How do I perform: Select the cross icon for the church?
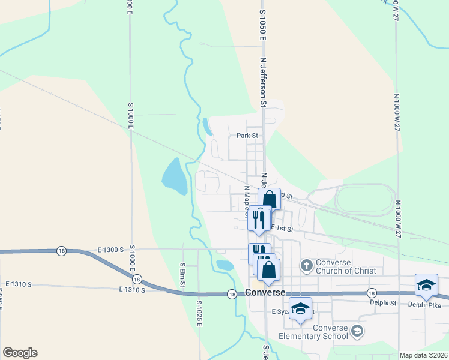click(306, 265)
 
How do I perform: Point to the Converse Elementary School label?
click(330, 332)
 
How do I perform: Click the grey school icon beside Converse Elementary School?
click(357, 331)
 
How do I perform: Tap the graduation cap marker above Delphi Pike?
click(426, 285)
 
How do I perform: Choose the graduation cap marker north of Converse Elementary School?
click(301, 308)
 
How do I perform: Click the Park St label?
click(247, 136)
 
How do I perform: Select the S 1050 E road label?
click(262, 24)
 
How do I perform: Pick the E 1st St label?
click(282, 229)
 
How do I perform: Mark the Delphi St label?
click(385, 303)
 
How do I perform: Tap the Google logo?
click(20, 353)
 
